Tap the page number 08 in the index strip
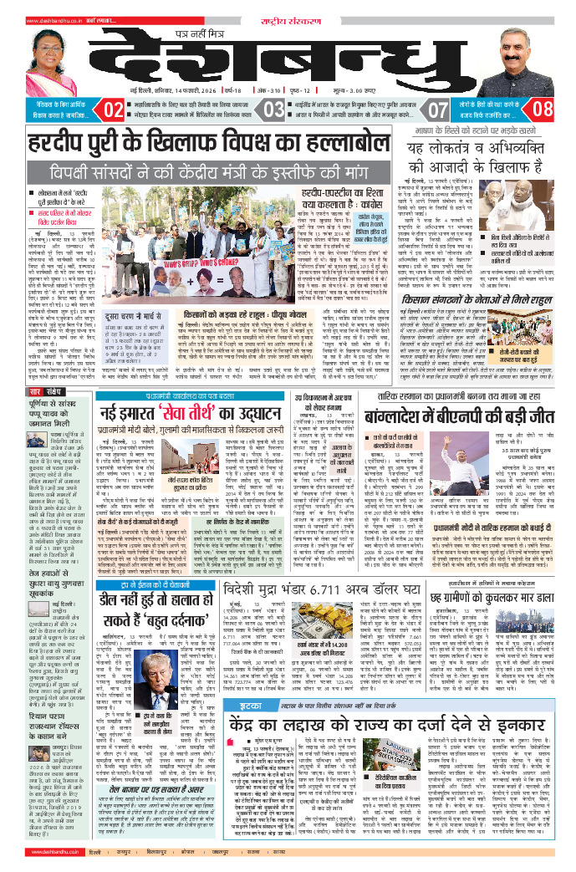543,109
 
